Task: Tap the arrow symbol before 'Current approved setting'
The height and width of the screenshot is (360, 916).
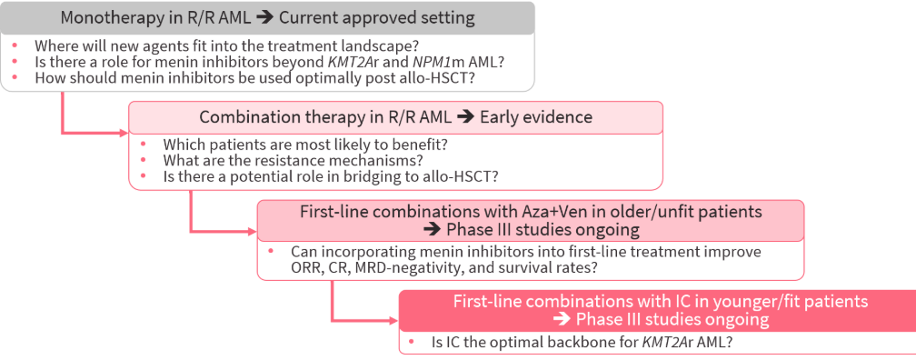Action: [265, 17]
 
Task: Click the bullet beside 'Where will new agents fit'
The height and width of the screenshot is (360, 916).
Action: [15, 45]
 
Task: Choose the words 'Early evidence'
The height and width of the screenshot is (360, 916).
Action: [536, 117]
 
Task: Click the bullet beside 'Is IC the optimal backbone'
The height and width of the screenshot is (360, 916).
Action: [412, 342]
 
